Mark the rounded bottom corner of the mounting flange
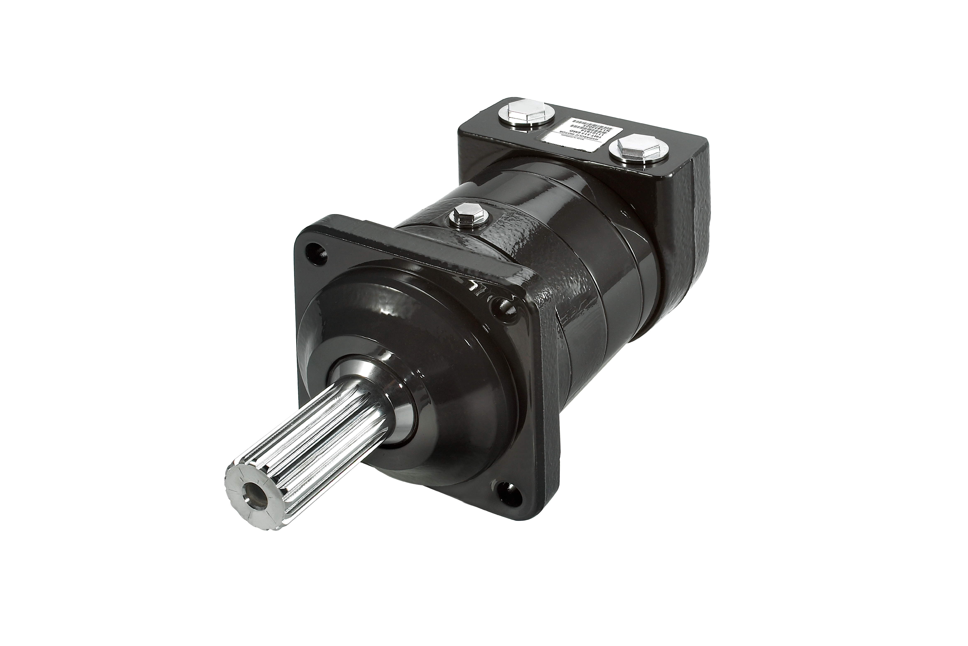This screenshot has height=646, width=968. click(x=531, y=515)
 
